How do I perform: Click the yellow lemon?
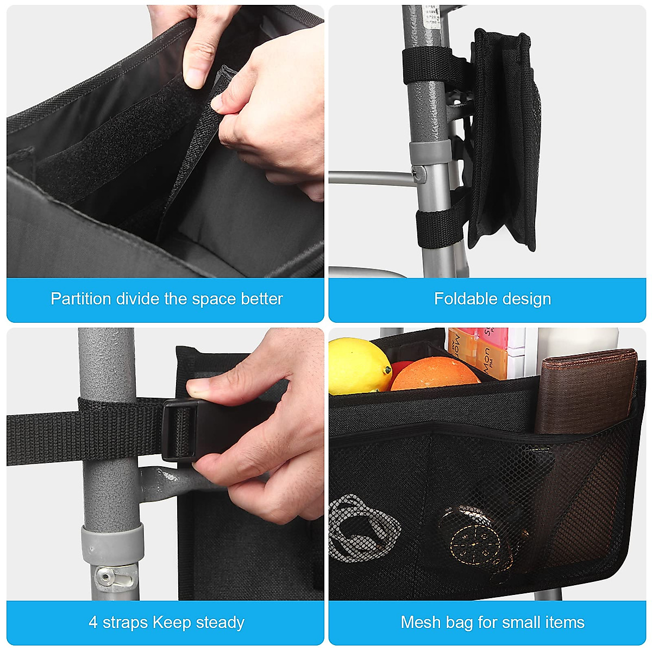pyautogui.click(x=358, y=365)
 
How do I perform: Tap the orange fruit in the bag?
pyautogui.click(x=434, y=374)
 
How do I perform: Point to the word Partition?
pyautogui.click(x=81, y=299)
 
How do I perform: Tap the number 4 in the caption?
pyautogui.click(x=93, y=622)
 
